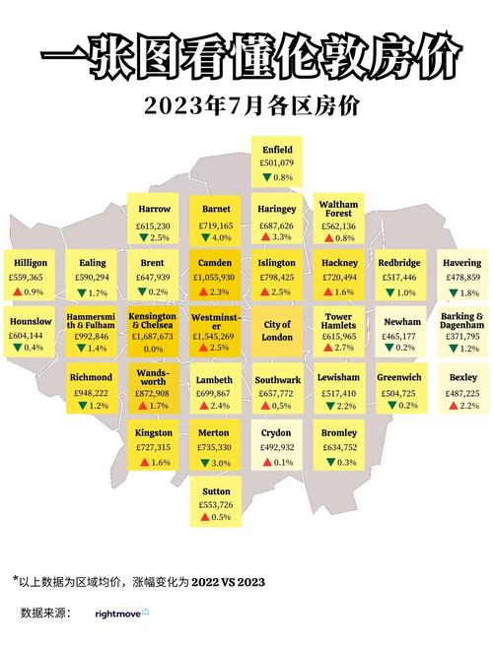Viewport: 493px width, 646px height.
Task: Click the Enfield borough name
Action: (x=277, y=150)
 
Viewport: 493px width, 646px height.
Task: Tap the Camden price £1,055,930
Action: (x=216, y=278)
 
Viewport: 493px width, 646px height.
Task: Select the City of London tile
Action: (x=277, y=330)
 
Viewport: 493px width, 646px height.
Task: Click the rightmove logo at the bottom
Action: (x=122, y=614)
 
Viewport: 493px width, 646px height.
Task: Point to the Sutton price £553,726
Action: (x=216, y=504)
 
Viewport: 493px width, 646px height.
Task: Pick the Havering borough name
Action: (x=462, y=264)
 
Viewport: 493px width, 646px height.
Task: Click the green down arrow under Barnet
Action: (x=204, y=237)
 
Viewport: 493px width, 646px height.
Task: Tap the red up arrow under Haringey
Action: (x=265, y=237)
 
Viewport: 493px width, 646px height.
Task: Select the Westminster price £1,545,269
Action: (x=216, y=336)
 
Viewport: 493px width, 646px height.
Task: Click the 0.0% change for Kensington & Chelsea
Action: (x=153, y=349)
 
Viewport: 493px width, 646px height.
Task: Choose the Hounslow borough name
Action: (x=31, y=322)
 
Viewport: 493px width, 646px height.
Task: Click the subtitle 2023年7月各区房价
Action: (x=246, y=104)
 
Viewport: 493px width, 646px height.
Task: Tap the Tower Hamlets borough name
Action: (x=338, y=322)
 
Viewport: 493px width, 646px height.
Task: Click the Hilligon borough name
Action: (x=31, y=264)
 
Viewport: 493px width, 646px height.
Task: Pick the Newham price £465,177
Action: (x=399, y=336)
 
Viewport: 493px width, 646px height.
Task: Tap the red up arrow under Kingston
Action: (x=143, y=462)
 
